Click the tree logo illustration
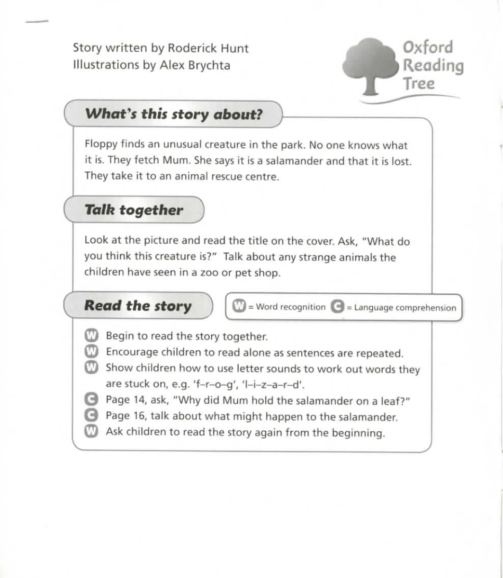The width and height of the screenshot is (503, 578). pos(371,64)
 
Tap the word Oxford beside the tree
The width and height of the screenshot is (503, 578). pos(428,47)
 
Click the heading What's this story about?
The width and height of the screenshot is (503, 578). pos(174,114)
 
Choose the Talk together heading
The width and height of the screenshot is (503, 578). pos(133,210)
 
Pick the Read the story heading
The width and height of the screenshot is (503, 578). pos(138,306)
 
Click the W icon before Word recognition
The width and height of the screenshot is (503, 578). pos(240,307)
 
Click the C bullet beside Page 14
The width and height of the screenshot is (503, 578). pos(91,401)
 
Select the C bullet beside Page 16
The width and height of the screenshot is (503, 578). pos(91,416)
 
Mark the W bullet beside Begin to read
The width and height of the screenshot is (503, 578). pos(91,336)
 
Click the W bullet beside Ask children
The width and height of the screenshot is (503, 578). pos(91,432)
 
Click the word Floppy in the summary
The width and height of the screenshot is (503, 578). pos(101,145)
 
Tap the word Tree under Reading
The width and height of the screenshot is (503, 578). pos(418,84)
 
